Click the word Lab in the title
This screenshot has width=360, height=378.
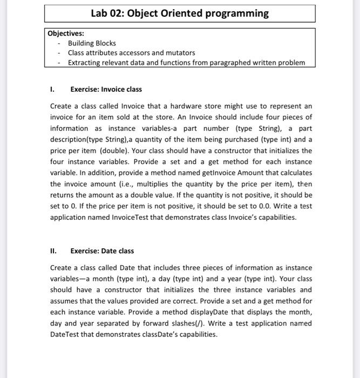click(101, 13)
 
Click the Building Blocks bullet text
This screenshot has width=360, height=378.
click(92, 43)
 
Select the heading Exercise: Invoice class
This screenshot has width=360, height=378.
click(106, 89)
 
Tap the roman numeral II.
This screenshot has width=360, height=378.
click(53, 251)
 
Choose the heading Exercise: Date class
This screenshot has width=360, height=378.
click(103, 251)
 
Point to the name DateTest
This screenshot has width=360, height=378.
click(66, 335)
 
